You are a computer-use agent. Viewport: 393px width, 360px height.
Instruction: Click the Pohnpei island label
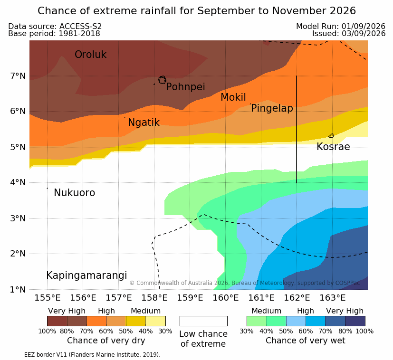(185, 87)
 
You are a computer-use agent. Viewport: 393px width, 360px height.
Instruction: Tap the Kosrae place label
(333, 147)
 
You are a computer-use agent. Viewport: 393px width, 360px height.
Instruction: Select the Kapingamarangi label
(86, 275)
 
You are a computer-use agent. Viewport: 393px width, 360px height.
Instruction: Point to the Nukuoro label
(75, 193)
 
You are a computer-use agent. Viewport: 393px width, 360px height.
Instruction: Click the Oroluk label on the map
(90, 55)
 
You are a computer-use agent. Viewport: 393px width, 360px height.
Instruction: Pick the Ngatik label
(144, 123)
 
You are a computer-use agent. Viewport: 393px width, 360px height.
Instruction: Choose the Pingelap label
(272, 108)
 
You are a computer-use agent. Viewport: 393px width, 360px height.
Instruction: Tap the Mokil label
(233, 97)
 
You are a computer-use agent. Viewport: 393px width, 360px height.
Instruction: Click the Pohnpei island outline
(162, 80)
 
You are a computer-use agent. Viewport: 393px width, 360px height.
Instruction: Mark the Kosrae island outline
(331, 136)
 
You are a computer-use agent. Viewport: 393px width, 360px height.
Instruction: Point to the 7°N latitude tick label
(18, 76)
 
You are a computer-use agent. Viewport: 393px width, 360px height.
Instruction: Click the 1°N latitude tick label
(18, 290)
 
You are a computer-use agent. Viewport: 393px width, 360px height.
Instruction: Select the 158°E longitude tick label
(154, 298)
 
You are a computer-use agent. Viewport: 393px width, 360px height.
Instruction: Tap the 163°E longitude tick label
(332, 298)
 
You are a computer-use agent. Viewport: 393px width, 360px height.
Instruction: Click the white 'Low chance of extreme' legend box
(203, 321)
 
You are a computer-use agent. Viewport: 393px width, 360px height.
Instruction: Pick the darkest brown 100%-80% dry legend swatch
(57, 321)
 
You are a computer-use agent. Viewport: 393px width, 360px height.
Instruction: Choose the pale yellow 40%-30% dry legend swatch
(156, 321)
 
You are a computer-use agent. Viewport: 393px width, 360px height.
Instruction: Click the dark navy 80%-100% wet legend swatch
(355, 321)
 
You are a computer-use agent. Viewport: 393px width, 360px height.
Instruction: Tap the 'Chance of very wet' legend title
(305, 341)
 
